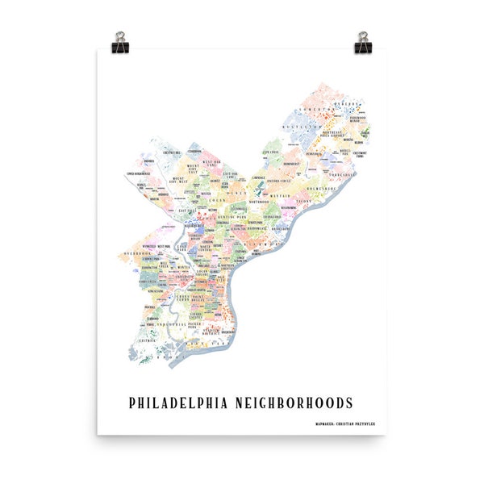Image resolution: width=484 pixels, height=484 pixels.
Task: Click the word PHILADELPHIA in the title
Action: click(x=188, y=402)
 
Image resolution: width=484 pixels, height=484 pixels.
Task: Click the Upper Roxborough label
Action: click(x=140, y=173)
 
